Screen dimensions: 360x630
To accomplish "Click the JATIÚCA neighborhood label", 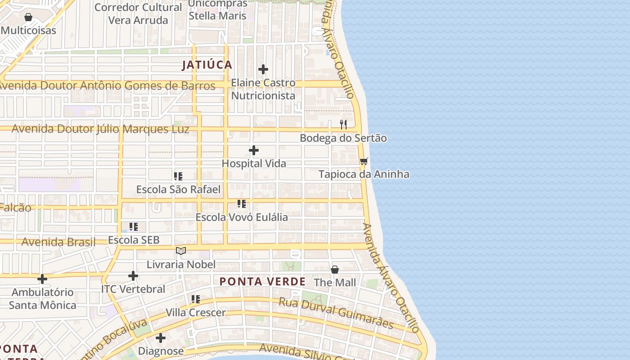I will pyautogui.click(x=207, y=65).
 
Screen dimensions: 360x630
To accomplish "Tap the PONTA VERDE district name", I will pyautogui.click(x=262, y=282).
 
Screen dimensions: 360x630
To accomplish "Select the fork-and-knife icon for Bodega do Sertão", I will pyautogui.click(x=343, y=125).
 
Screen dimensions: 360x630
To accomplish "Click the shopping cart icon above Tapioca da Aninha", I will pyautogui.click(x=364, y=161).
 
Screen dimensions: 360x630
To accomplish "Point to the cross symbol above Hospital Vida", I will pyautogui.click(x=254, y=150).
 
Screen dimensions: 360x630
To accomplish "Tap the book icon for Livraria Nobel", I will pyautogui.click(x=181, y=251).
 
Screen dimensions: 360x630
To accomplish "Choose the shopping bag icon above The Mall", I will pyautogui.click(x=335, y=270).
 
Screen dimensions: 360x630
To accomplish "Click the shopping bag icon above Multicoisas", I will pyautogui.click(x=28, y=17).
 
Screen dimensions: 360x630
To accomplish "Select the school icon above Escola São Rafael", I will pyautogui.click(x=178, y=176).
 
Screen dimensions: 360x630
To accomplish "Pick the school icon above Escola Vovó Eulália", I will pyautogui.click(x=242, y=204).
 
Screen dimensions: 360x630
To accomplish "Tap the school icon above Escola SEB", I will pyautogui.click(x=134, y=227).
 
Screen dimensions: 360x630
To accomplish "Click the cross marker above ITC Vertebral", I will pyautogui.click(x=133, y=275).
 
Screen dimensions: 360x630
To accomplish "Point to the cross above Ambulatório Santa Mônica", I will pyautogui.click(x=42, y=279).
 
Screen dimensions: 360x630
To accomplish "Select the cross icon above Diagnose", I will pyautogui.click(x=161, y=337).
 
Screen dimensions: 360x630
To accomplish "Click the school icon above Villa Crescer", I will pyautogui.click(x=196, y=299).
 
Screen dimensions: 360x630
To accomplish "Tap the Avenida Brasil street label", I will pyautogui.click(x=58, y=242).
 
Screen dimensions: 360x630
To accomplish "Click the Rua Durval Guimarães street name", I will pyautogui.click(x=336, y=313).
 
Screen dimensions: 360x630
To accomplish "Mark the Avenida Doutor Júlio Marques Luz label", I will pyautogui.click(x=100, y=129).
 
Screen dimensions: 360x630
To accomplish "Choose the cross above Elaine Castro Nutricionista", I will pyautogui.click(x=263, y=69).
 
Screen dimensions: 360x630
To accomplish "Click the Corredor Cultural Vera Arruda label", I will pyautogui.click(x=138, y=14).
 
